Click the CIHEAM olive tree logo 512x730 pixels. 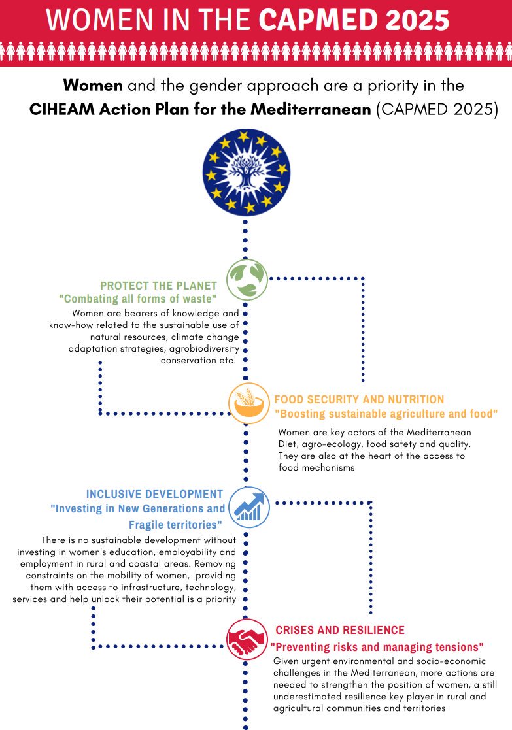pyautogui.click(x=246, y=172)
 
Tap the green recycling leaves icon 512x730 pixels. pyautogui.click(x=247, y=279)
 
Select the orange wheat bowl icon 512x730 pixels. pyautogui.click(x=249, y=403)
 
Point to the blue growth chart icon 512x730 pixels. pyautogui.click(x=249, y=507)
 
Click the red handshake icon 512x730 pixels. pyautogui.click(x=247, y=639)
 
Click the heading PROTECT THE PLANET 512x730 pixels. pyautogui.click(x=159, y=286)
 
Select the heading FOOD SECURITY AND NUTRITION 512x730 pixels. pyautogui.click(x=359, y=399)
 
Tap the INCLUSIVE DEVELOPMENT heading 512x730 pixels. pyautogui.click(x=155, y=495)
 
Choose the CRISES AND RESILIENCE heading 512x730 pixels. pyautogui.click(x=340, y=631)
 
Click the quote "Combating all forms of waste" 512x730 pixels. pyautogui.click(x=138, y=299)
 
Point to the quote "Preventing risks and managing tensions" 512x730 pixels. pyautogui.click(x=377, y=647)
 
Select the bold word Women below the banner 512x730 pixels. pyautogui.click(x=93, y=85)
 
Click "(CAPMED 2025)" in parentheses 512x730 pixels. pyautogui.click(x=437, y=109)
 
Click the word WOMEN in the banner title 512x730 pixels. pyautogui.click(x=100, y=20)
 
